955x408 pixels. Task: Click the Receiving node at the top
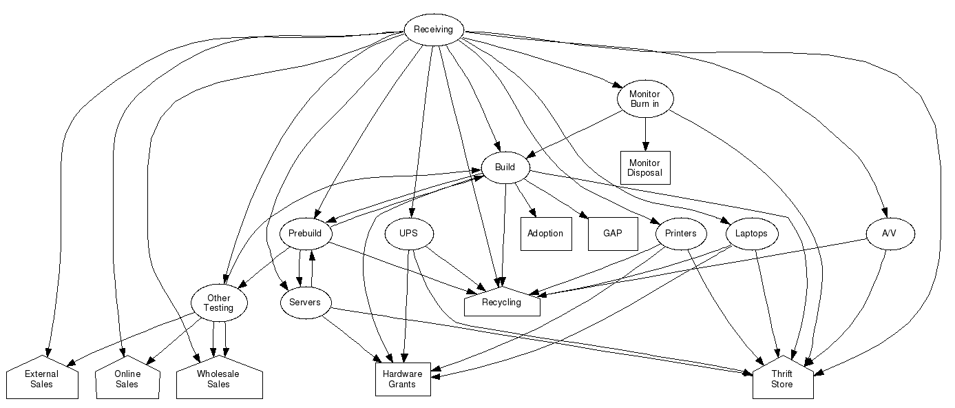pyautogui.click(x=433, y=30)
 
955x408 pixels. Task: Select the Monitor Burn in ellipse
pyautogui.click(x=644, y=99)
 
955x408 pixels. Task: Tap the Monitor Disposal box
pyautogui.click(x=644, y=167)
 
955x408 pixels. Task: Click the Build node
pyautogui.click(x=505, y=167)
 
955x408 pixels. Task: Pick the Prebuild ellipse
pyautogui.click(x=305, y=234)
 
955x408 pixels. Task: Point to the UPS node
pyautogui.click(x=408, y=234)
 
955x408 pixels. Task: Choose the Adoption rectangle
pyautogui.click(x=545, y=234)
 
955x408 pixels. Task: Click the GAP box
pyautogui.click(x=612, y=234)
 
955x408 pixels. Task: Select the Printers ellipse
pyautogui.click(x=681, y=234)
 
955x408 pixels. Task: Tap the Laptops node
pyautogui.click(x=751, y=234)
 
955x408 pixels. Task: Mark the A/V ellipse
pyautogui.click(x=889, y=234)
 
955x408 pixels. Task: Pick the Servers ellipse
pyautogui.click(x=305, y=303)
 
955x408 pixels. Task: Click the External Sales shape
pyautogui.click(x=42, y=379)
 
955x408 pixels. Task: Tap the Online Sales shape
pyautogui.click(x=127, y=379)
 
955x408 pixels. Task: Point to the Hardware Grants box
pyautogui.click(x=403, y=379)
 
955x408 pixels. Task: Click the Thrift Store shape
pyautogui.click(x=782, y=379)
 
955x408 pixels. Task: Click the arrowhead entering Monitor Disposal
pyautogui.click(x=644, y=146)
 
